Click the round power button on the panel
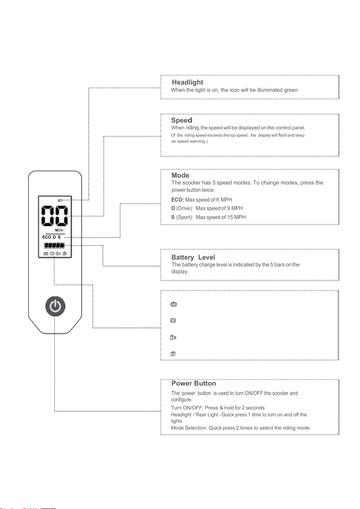point(55,307)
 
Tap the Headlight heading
point(187,82)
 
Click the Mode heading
point(180,176)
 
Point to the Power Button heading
point(193,383)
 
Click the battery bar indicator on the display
point(55,246)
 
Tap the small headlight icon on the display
point(61,200)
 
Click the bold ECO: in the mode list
point(178,200)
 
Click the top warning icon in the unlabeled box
point(174,304)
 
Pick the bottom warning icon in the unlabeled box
point(174,353)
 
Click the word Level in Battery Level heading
point(206,257)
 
